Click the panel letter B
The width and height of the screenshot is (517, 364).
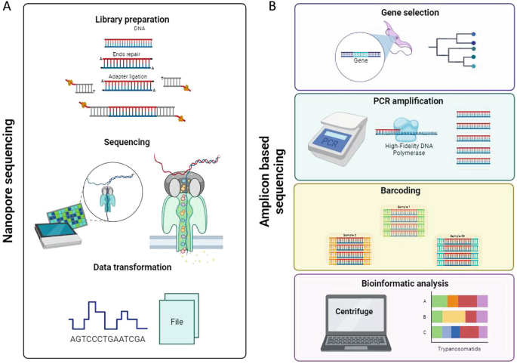tap(272, 7)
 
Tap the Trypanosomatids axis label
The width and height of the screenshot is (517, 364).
tap(459, 349)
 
